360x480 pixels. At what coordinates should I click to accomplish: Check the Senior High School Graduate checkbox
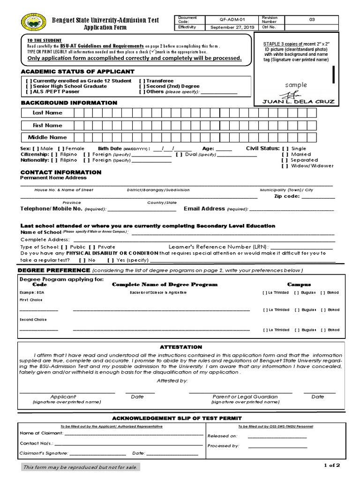(29, 86)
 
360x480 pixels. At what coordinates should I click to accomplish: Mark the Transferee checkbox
(142, 81)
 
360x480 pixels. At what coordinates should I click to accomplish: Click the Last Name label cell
(47, 113)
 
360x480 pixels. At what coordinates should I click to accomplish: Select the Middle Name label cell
(47, 137)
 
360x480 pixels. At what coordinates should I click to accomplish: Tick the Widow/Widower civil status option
(285, 166)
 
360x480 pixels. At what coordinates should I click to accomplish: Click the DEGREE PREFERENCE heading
(53, 270)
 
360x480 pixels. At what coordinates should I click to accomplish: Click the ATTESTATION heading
(180, 347)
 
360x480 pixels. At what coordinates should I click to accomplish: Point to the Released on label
(223, 436)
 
